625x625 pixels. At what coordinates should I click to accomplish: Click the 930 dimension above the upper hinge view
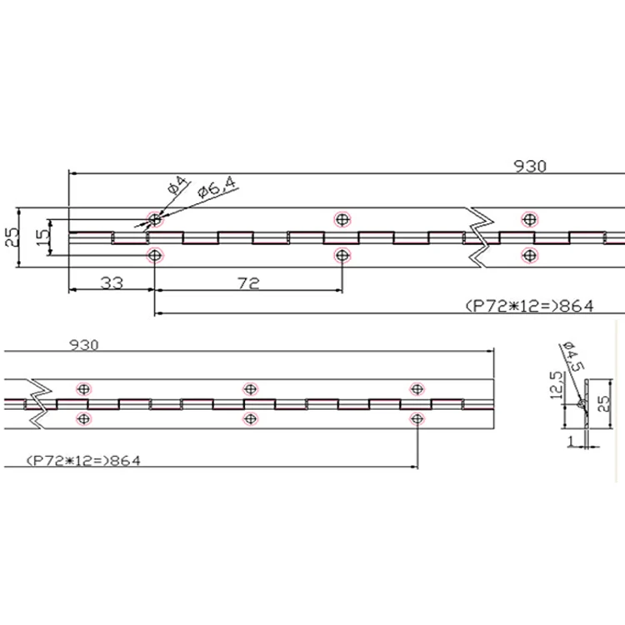click(530, 166)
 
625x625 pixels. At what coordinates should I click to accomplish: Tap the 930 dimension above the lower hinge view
click(83, 345)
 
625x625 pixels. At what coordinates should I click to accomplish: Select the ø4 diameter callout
click(177, 185)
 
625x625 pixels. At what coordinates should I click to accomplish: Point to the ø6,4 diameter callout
click(217, 187)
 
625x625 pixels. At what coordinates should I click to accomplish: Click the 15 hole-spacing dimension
click(42, 237)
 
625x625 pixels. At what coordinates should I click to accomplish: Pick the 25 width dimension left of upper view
click(12, 237)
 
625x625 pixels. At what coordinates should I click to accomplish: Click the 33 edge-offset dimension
click(112, 283)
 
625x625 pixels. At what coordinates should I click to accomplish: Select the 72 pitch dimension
click(248, 283)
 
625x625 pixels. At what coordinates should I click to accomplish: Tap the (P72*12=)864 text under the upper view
click(530, 306)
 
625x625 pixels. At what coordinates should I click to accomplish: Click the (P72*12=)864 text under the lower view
click(83, 461)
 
